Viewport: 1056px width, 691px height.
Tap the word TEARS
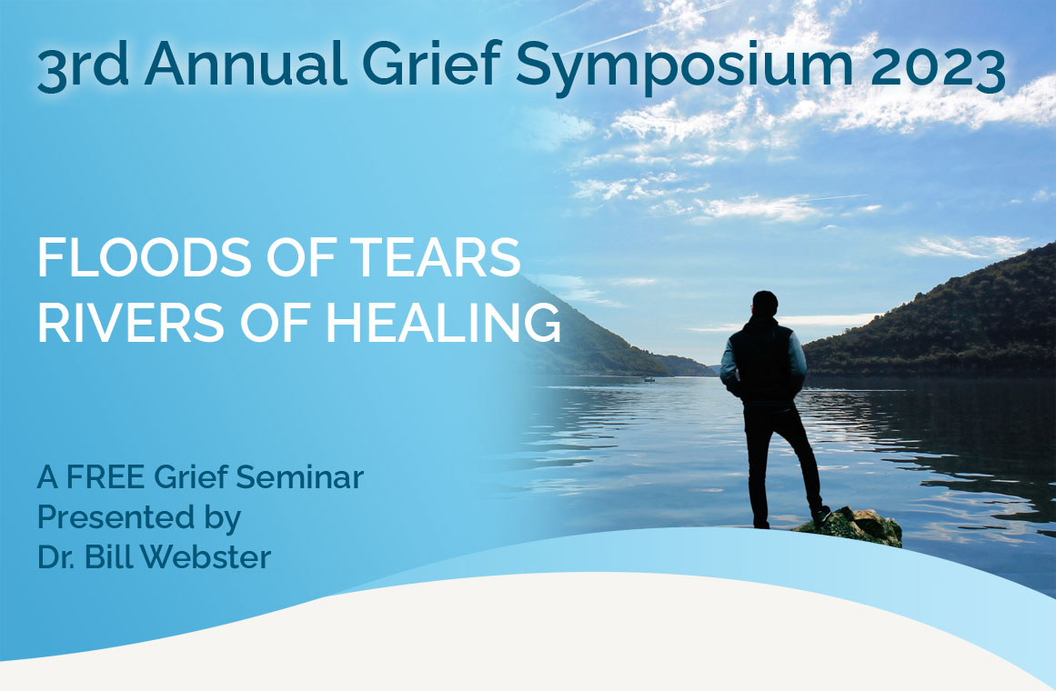(x=435, y=257)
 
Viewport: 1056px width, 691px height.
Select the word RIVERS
(x=131, y=323)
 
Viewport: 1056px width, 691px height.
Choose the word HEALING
(x=442, y=323)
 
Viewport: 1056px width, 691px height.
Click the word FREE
(x=106, y=476)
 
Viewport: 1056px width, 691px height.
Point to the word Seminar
(x=299, y=476)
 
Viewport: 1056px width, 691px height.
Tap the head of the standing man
(x=764, y=304)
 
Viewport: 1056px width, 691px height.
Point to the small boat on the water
(x=649, y=380)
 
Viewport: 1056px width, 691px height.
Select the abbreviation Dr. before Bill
(x=55, y=557)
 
